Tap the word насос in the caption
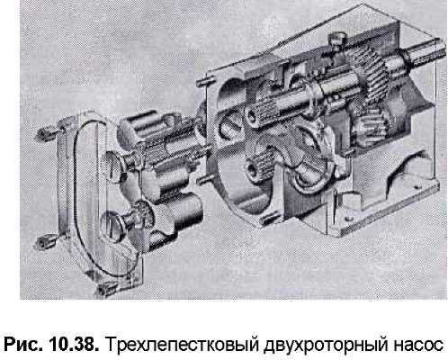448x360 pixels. tap(417, 345)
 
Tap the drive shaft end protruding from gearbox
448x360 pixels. tap(425, 53)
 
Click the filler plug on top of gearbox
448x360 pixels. tap(337, 40)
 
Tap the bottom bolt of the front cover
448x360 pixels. tap(106, 289)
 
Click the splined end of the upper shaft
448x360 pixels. tap(260, 114)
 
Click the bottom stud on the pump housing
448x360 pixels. tap(269, 219)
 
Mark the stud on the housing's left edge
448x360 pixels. tap(204, 179)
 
